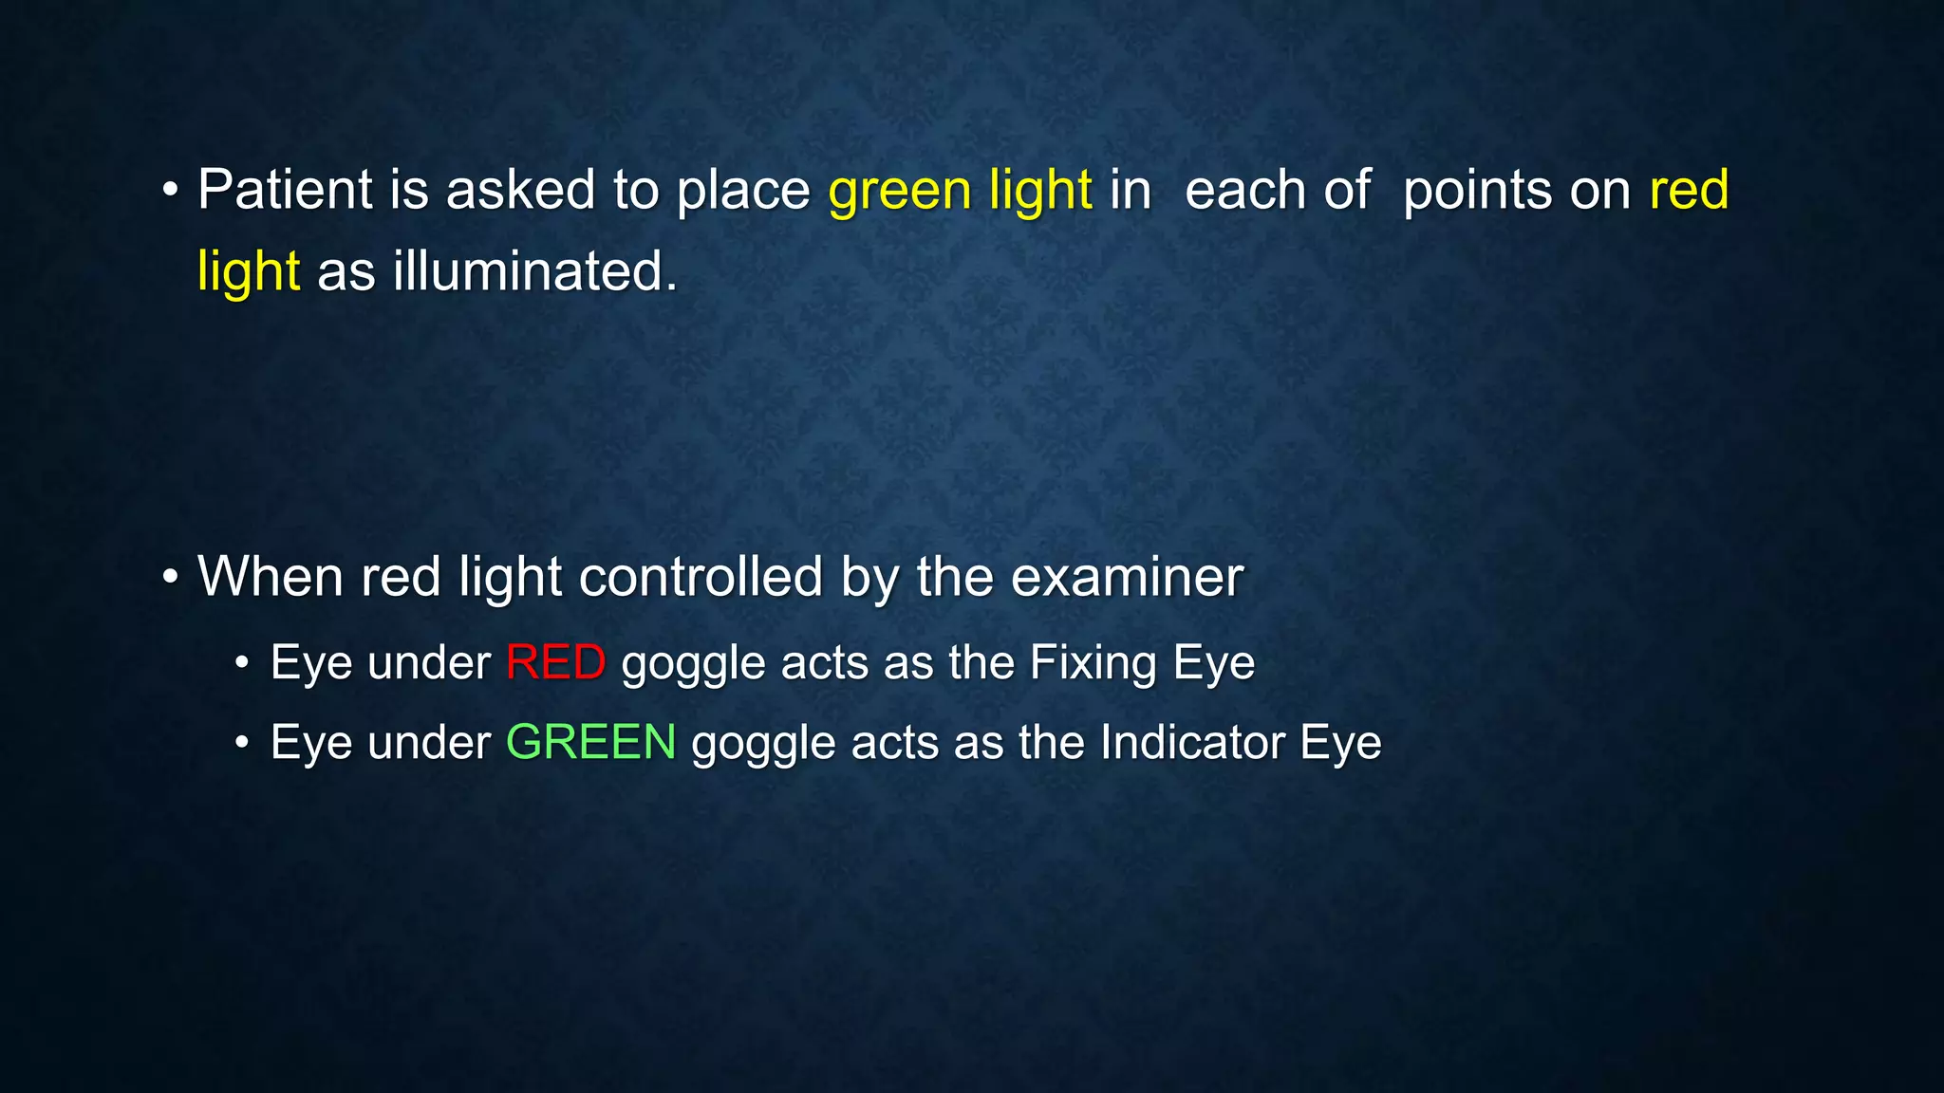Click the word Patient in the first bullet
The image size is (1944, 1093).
(x=285, y=190)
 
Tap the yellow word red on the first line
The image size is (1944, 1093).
(x=1689, y=190)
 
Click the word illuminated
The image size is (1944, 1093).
(x=535, y=271)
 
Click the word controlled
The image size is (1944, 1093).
(x=701, y=577)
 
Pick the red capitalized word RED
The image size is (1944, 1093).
(x=555, y=662)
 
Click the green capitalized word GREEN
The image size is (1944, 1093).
(x=590, y=742)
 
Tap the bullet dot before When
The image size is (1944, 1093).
(x=170, y=578)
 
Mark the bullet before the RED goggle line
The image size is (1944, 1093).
(x=242, y=663)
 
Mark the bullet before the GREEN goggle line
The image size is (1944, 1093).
(x=242, y=743)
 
